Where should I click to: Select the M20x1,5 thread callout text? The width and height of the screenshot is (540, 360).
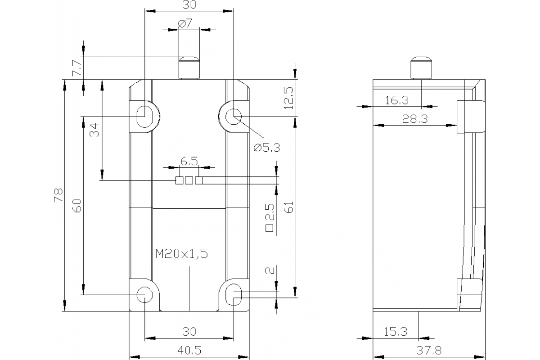[181, 254]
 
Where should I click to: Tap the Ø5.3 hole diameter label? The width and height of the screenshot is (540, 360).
[266, 147]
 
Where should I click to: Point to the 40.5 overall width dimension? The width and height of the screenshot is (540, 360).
[189, 350]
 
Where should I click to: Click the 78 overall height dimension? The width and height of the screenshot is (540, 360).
[57, 195]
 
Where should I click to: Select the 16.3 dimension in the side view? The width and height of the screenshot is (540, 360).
[396, 100]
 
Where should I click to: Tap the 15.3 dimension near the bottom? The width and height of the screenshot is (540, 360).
[396, 332]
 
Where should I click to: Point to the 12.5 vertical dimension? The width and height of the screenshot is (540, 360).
[288, 98]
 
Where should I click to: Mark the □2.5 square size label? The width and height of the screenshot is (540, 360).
[270, 218]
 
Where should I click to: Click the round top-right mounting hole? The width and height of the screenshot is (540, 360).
[234, 116]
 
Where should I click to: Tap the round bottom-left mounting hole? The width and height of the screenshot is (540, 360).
[144, 294]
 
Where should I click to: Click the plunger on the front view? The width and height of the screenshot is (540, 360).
[189, 67]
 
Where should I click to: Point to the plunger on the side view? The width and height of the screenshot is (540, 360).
[420, 67]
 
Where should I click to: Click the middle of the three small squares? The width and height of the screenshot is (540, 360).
[189, 180]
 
